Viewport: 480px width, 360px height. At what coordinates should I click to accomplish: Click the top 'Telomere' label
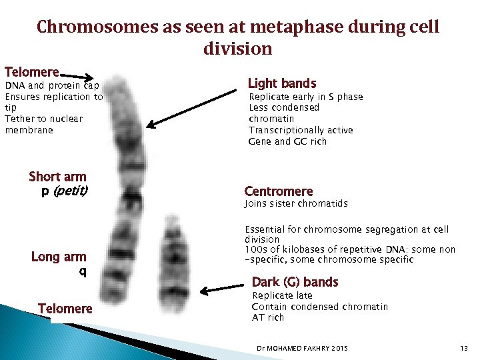[x=32, y=71]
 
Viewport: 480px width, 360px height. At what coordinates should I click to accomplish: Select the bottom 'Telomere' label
[x=65, y=308]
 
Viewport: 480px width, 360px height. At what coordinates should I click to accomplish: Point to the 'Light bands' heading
[x=282, y=83]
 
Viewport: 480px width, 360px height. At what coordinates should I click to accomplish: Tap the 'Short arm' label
[x=58, y=177]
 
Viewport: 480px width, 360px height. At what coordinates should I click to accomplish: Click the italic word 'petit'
[x=71, y=191]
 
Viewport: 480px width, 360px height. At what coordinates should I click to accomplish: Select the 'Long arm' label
[x=59, y=257]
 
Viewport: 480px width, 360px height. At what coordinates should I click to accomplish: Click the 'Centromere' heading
[x=279, y=191]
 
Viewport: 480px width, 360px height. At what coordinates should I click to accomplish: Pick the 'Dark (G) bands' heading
[x=295, y=282]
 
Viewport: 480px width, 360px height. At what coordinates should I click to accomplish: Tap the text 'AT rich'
[x=268, y=317]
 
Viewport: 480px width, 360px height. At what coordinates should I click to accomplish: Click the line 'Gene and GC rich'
[x=287, y=141]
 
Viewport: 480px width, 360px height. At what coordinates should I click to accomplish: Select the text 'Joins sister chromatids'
[x=296, y=203]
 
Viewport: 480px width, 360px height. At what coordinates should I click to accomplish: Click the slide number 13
[x=464, y=349]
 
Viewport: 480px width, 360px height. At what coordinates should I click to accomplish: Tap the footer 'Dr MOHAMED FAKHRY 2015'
[x=302, y=349]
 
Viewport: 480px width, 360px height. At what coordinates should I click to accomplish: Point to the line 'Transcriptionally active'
[x=301, y=130]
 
